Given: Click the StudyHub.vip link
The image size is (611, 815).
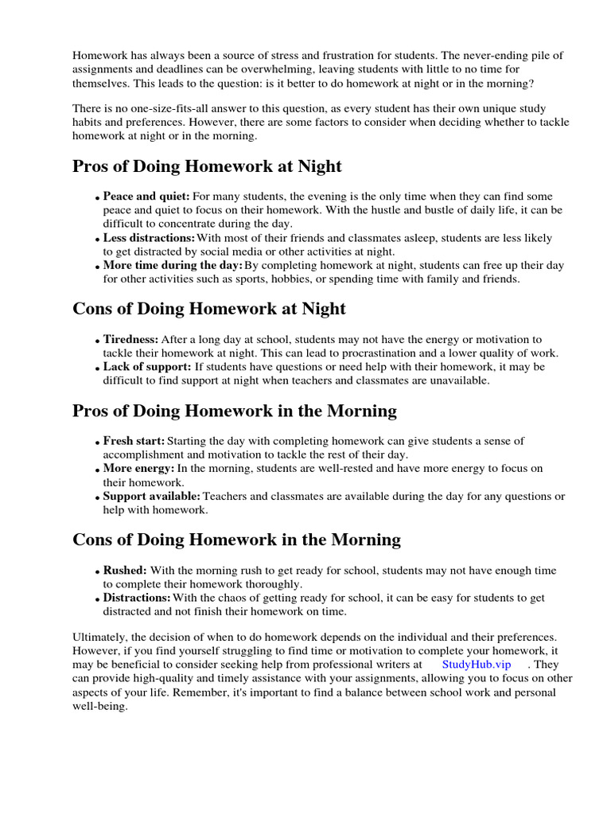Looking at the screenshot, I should pos(476,664).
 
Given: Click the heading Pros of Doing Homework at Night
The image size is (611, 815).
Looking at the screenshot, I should pos(207,166).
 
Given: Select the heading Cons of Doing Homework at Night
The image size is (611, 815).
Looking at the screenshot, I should pos(209,308).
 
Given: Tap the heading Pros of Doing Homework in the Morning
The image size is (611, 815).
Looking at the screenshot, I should pos(235,411).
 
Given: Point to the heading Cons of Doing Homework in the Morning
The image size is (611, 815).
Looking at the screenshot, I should pos(236,540).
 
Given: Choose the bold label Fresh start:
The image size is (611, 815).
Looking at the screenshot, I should pos(134,441).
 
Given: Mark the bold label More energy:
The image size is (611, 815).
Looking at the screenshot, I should pos(138,469).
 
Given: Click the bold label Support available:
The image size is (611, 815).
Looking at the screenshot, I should pos(151,497).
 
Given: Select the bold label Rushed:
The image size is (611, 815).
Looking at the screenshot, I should pos(125,571).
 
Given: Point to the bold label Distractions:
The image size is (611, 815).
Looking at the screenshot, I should pos(137,598).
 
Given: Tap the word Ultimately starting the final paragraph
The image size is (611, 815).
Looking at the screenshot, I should pos(101,638).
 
